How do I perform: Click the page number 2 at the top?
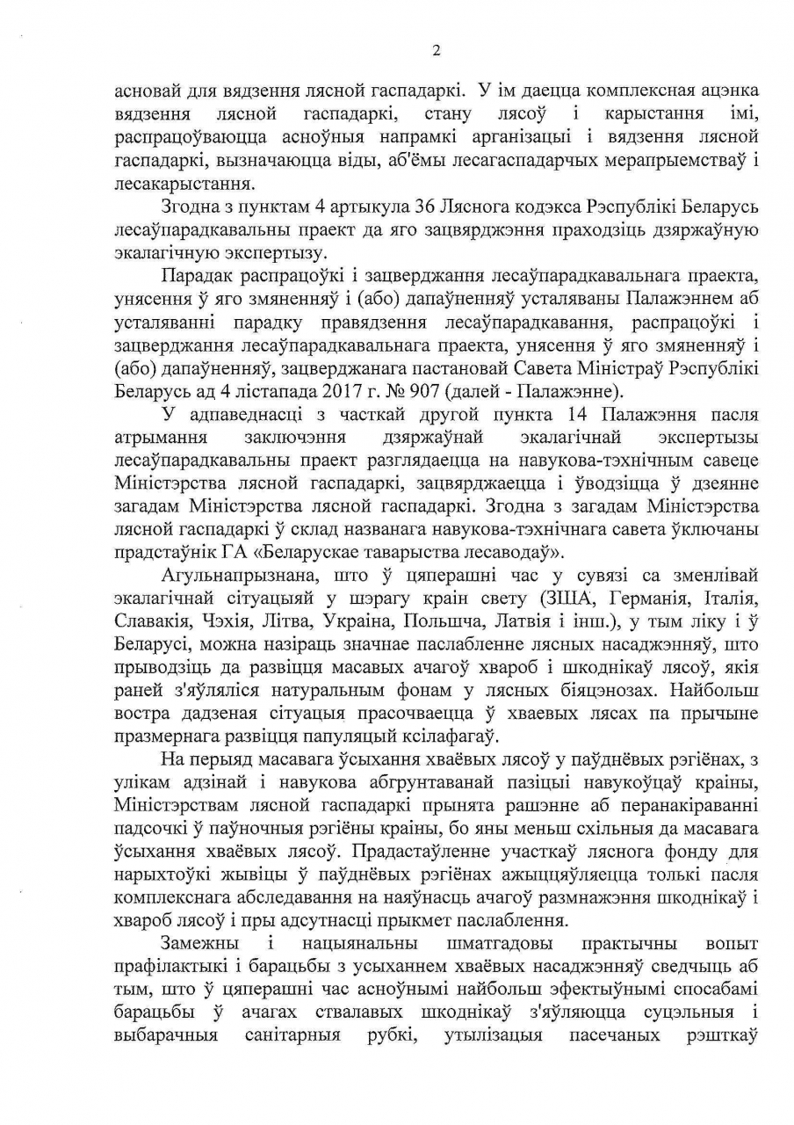click(436, 50)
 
